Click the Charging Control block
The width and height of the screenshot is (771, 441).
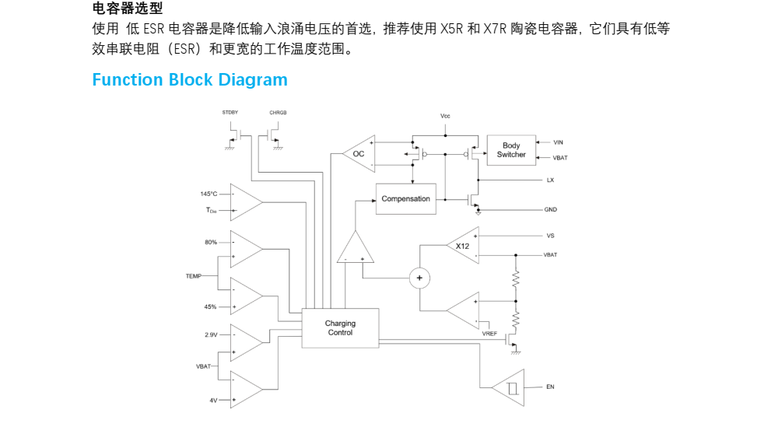point(340,327)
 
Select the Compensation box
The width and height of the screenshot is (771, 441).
point(405,199)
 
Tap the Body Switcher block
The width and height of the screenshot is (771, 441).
point(511,150)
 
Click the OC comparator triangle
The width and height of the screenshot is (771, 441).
point(360,154)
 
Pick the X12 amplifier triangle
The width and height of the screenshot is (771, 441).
point(465,246)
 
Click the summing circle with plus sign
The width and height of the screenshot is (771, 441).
point(419,278)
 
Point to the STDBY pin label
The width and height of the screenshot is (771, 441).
point(230,113)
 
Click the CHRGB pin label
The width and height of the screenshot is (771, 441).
point(278,113)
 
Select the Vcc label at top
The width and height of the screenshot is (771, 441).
point(445,116)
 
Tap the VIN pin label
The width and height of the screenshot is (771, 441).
point(558,142)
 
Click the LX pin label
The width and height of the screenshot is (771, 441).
point(550,180)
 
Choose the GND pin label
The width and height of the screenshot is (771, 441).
point(550,210)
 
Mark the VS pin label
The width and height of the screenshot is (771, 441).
point(550,236)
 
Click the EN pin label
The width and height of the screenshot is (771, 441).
point(550,387)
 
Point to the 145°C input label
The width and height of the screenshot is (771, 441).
point(209,194)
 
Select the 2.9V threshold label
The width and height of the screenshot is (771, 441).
point(211,334)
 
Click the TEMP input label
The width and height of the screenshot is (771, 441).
point(194,276)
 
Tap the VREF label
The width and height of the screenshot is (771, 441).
point(489,334)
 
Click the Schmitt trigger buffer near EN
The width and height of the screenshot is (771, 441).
point(510,387)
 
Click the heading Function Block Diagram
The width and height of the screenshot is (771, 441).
point(190,80)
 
